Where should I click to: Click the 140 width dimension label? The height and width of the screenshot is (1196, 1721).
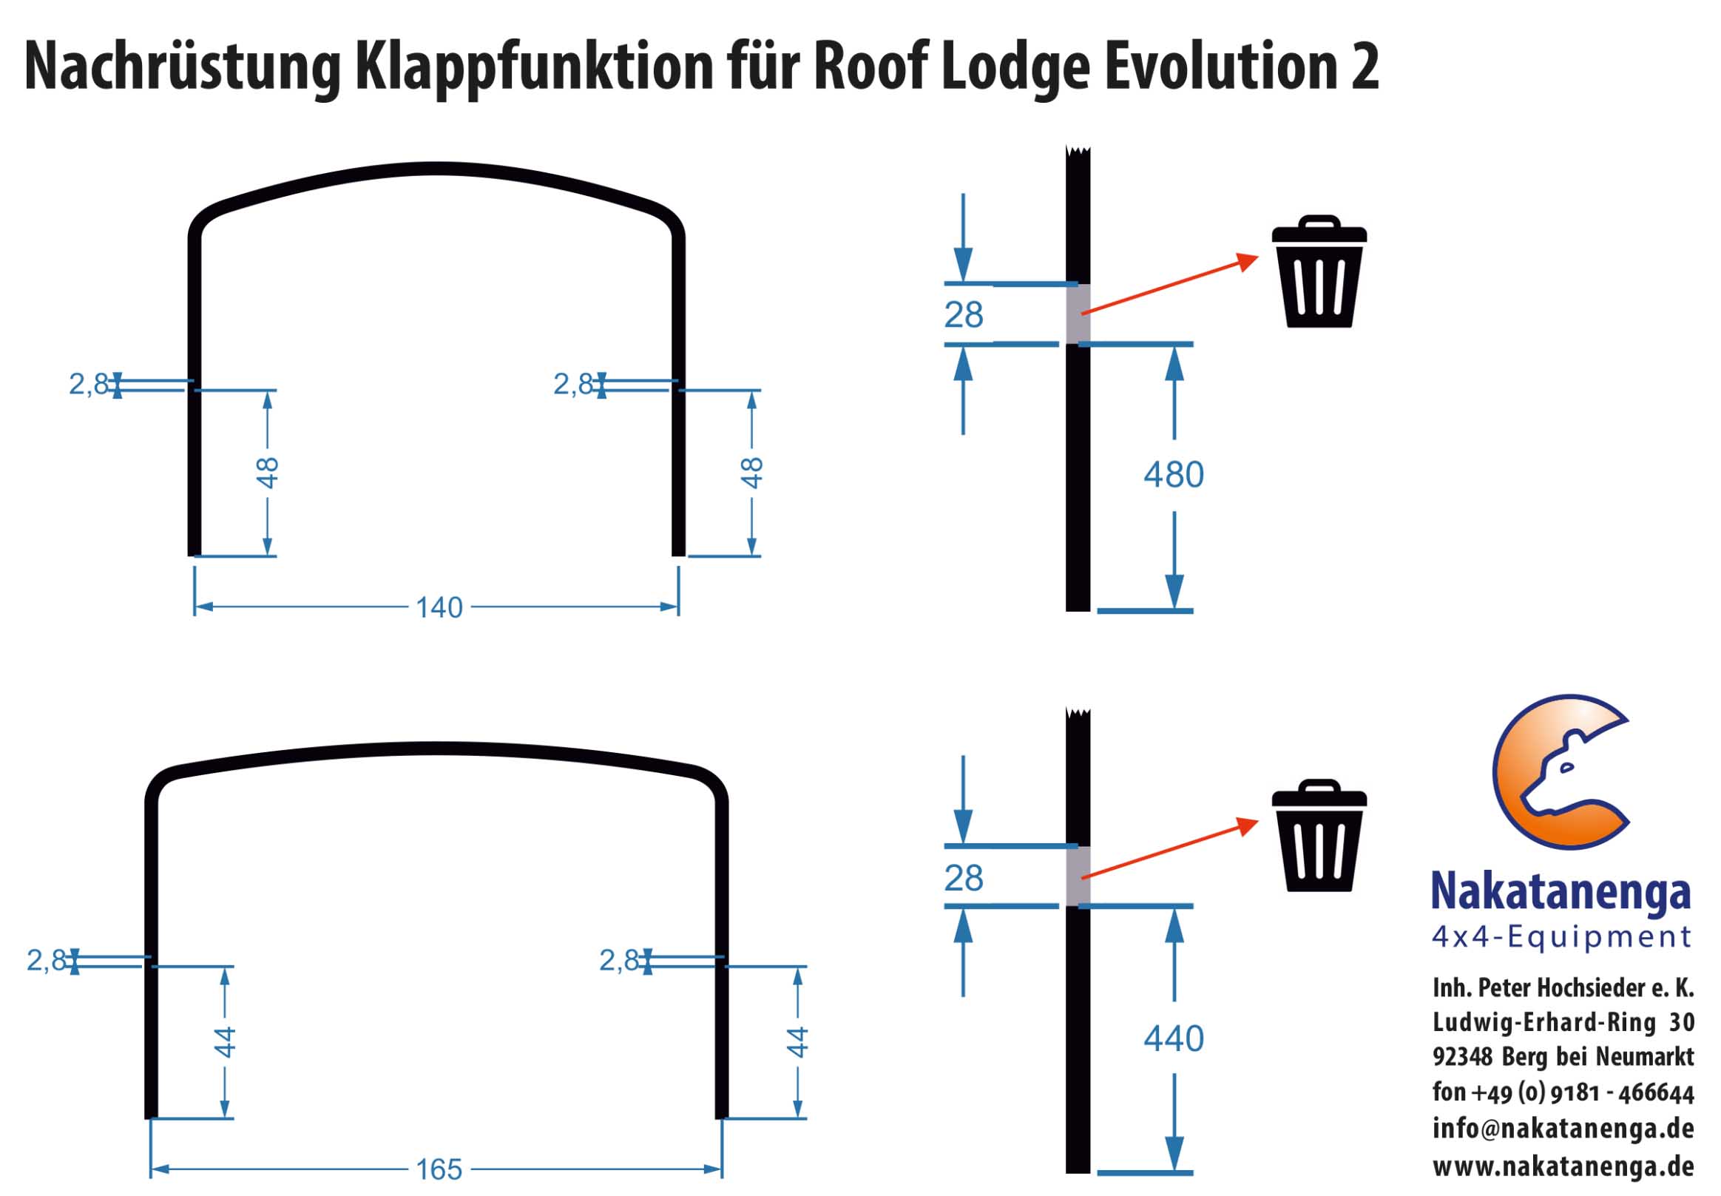439,607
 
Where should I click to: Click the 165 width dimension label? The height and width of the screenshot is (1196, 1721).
439,1169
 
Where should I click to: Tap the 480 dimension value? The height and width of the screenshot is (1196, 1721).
1173,475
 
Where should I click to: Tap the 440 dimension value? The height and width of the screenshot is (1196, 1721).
1173,1038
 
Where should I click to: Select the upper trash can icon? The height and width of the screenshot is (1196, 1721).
1319,273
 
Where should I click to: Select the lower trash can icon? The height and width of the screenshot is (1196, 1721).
1319,837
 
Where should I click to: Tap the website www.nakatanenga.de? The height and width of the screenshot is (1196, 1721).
1563,1166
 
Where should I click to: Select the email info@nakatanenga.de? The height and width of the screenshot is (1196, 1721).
1563,1128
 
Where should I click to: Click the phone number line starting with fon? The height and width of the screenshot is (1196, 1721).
1563,1092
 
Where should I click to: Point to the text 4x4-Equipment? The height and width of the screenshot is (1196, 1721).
1561,936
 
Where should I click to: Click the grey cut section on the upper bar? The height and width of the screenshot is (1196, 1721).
1078,314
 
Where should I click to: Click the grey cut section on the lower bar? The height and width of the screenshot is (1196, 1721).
1078,876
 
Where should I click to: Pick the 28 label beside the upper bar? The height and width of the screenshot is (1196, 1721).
964,315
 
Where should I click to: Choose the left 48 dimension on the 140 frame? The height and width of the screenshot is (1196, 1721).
268,473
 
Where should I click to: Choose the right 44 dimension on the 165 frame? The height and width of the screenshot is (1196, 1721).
797,1042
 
